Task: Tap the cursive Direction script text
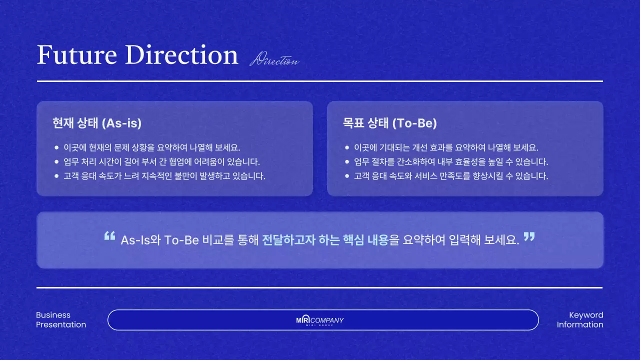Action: coord(274,60)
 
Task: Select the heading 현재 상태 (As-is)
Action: coord(97,123)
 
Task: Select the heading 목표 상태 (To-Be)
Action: coord(390,123)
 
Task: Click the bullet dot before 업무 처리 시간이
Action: coord(56,162)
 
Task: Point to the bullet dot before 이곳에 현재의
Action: coord(56,148)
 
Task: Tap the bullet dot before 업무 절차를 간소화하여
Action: coord(347,162)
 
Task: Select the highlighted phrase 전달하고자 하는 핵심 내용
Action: coord(325,239)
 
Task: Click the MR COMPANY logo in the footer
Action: coord(320,320)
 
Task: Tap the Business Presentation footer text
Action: coord(61,320)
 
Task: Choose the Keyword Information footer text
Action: coord(580,320)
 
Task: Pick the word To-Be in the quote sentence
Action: coord(181,240)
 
